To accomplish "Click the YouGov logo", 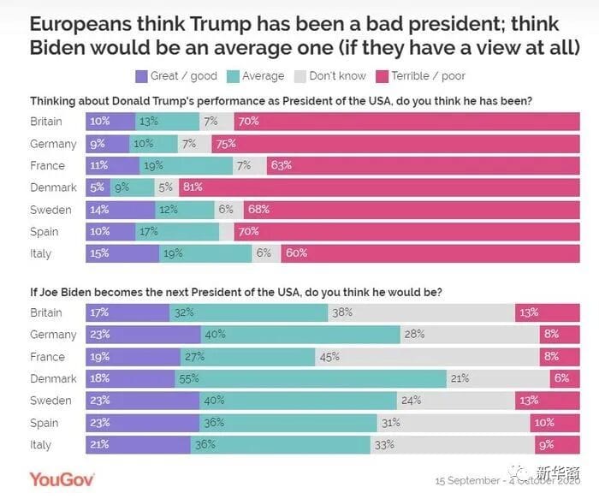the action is point(62,479).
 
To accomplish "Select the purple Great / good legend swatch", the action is point(141,76).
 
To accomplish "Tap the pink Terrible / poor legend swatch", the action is point(382,76).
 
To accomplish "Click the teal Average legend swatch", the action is point(233,76).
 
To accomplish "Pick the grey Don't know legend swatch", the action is point(300,76).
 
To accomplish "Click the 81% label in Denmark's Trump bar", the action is point(193,187).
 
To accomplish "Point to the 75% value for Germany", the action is point(226,144).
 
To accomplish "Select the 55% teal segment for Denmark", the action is point(311,378).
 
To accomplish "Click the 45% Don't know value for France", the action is point(329,357).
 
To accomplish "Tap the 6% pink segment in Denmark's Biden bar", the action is point(565,378).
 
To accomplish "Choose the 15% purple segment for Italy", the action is point(122,253).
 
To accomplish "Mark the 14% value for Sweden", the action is point(100,210).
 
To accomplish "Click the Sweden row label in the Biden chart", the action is point(50,401).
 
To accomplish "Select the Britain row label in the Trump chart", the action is point(46,122).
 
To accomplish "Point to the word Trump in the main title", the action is point(220,24).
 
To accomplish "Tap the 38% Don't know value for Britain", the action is point(342,312).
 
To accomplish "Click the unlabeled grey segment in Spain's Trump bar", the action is point(227,232).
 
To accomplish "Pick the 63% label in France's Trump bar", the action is point(282,165).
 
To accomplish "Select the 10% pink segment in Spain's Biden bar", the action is point(555,423).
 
